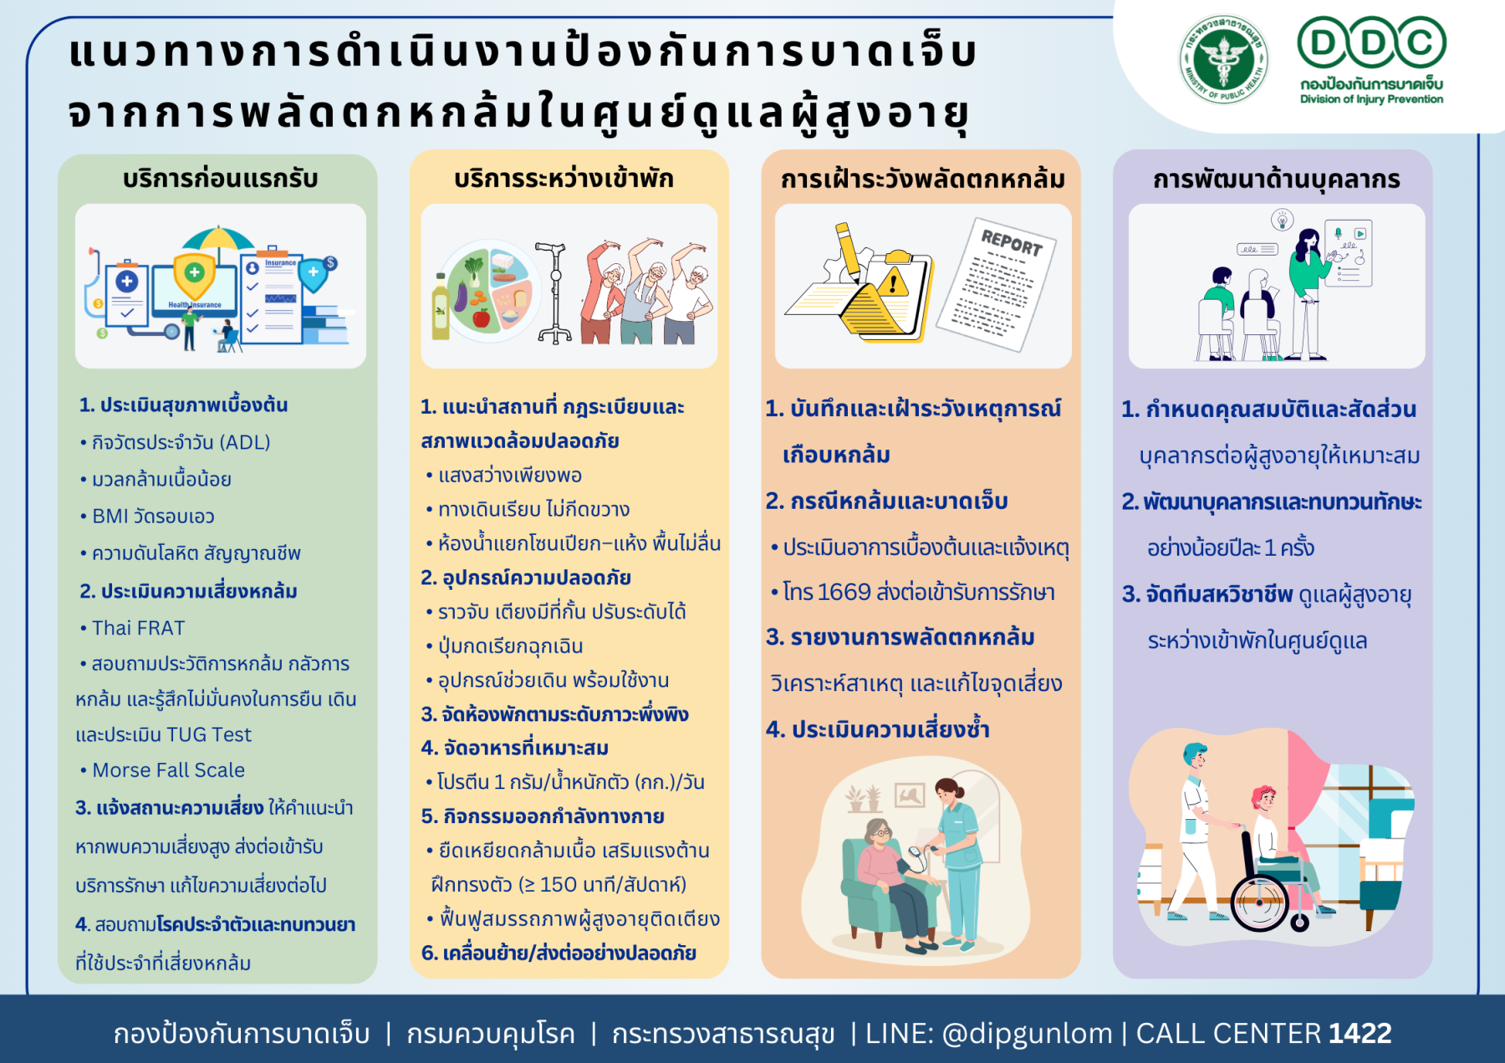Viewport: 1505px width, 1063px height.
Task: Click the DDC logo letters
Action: (1371, 43)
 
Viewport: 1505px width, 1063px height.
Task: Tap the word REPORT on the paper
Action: (1012, 242)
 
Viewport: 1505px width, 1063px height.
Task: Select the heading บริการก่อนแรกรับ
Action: (221, 179)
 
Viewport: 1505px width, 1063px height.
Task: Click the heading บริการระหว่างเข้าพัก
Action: (564, 179)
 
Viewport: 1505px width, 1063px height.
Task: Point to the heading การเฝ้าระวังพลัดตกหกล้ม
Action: (923, 180)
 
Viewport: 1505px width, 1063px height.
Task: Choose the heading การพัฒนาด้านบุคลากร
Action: (1276, 180)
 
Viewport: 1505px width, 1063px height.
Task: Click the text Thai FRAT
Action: (139, 628)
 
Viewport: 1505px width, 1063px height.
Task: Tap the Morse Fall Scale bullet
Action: (163, 770)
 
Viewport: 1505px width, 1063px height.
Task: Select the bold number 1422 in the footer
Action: (1360, 1033)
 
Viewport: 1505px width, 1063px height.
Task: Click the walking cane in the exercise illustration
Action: (554, 292)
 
